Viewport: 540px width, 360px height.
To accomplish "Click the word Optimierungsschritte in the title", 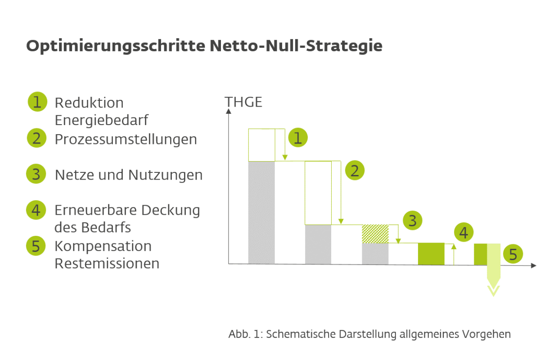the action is [116, 46].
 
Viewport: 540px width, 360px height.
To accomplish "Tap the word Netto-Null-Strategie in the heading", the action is [296, 45].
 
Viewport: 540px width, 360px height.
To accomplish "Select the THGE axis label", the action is [243, 102].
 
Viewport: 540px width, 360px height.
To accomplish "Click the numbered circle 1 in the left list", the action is [37, 102].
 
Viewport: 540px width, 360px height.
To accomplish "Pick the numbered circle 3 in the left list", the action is [36, 174].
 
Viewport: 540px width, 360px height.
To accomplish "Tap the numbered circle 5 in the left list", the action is [36, 246].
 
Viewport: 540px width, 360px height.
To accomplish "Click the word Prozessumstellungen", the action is [126, 139].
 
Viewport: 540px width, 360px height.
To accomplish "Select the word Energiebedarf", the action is [102, 120].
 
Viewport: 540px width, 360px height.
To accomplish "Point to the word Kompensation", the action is [103, 247].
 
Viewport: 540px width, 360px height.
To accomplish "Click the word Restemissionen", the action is [107, 263].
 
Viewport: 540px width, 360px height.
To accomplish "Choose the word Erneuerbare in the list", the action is [96, 210].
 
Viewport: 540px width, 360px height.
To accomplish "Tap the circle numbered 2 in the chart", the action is [355, 170].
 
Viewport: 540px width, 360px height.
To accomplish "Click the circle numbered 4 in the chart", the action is [463, 232].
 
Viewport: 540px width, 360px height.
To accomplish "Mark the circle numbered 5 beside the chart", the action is [513, 254].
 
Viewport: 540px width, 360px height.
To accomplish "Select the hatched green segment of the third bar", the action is [375, 234].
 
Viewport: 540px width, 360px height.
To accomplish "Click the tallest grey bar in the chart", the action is [261, 212].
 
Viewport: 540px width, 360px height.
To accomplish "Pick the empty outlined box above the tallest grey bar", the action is [261, 145].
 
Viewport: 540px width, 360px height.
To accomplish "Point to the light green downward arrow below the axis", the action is [494, 270].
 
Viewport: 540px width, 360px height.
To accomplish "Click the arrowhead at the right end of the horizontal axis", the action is [534, 265].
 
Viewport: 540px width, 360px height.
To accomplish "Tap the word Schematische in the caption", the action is [301, 334].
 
